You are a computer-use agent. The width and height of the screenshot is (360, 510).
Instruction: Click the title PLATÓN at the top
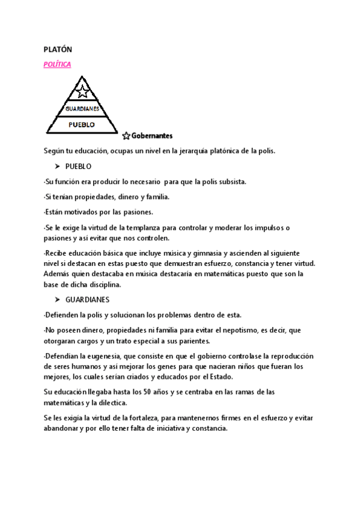coord(58,50)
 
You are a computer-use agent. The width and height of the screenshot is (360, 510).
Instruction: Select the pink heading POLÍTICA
coord(57,64)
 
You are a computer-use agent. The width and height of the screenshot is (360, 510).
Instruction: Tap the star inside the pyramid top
coord(84,93)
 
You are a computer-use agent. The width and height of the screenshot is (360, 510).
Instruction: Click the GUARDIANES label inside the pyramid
coord(82,109)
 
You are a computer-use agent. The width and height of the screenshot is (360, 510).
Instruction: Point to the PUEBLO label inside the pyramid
coord(82,124)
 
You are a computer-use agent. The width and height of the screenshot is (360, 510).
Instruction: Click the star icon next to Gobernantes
coord(126,136)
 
